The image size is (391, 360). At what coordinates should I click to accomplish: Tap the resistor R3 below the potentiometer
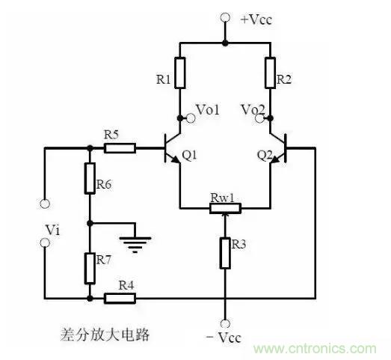224,253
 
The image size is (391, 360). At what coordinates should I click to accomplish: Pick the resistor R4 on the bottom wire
120,298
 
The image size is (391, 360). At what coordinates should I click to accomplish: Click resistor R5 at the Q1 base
120,148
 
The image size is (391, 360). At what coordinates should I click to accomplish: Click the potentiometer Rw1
224,206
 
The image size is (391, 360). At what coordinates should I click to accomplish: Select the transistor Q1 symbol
173,148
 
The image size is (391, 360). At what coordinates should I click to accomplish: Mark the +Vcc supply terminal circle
224,16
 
